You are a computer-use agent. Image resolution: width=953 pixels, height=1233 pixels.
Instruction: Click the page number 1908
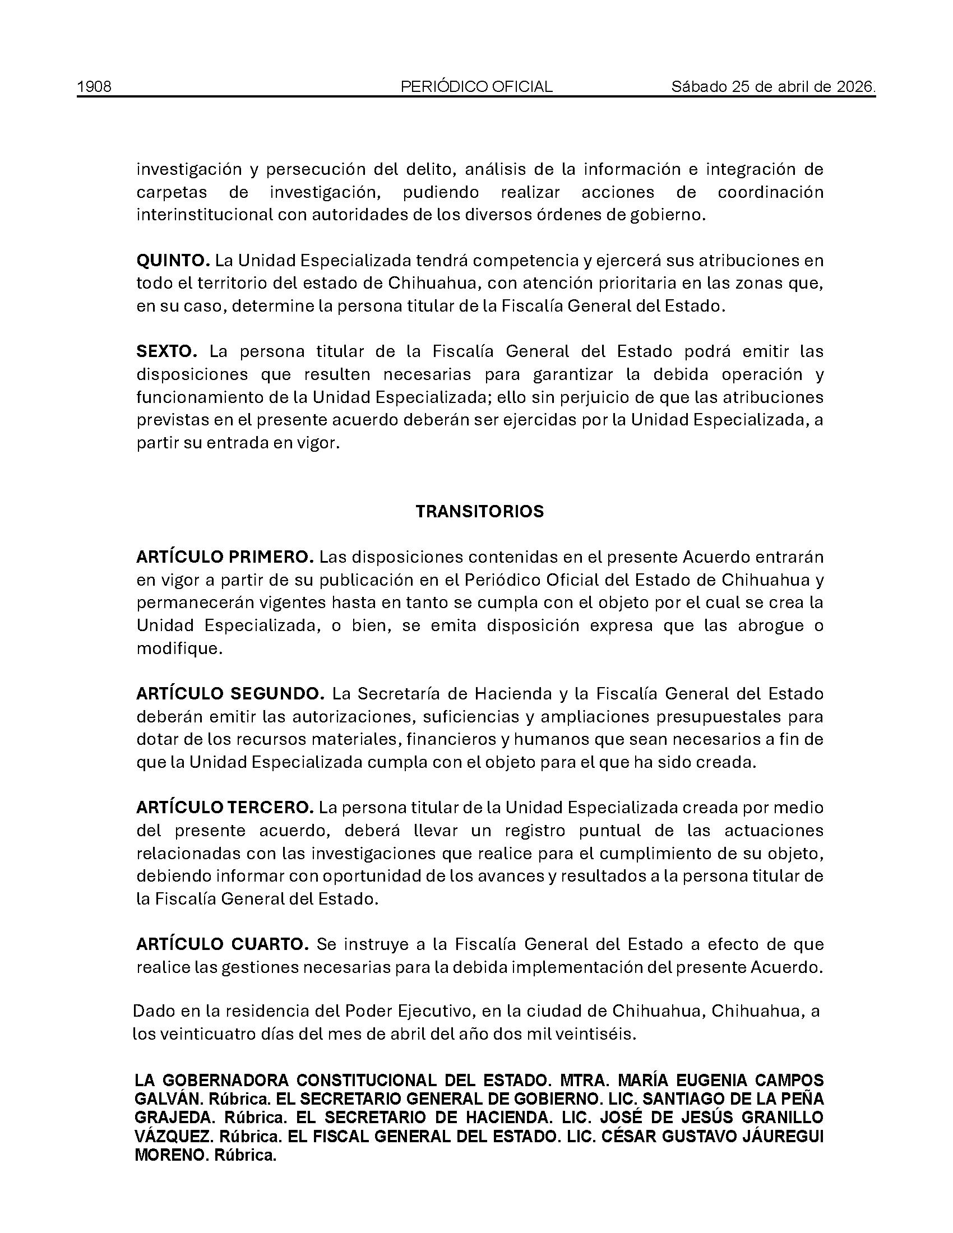[94, 86]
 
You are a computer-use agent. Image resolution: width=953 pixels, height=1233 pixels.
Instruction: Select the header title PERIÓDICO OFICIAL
[476, 86]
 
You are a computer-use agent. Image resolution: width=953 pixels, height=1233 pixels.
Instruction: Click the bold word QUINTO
[173, 260]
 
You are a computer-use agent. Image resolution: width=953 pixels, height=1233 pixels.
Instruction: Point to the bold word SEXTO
[166, 351]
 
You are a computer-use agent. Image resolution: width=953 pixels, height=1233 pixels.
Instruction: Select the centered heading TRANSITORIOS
[479, 511]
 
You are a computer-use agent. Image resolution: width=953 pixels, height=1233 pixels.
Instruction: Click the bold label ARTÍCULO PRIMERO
[225, 557]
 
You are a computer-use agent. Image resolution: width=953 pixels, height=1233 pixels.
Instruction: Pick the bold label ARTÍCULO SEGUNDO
[230, 693]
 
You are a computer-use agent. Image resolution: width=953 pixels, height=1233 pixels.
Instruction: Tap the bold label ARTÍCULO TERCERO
[224, 807]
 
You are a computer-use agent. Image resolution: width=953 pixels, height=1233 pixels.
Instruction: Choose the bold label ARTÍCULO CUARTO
[223, 944]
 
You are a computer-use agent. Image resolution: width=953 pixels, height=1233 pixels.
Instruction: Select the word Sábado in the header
[699, 86]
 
